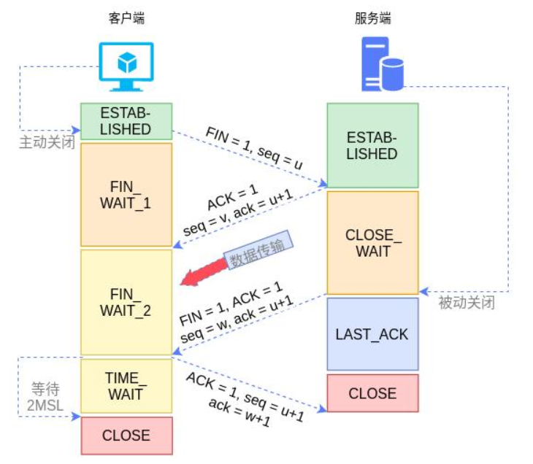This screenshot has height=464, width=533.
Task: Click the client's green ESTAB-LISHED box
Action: coord(126,121)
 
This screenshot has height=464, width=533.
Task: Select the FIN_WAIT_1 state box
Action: coord(126,194)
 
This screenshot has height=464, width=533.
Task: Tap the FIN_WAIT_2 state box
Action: coord(126,302)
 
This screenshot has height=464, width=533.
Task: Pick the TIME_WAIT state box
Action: coord(126,385)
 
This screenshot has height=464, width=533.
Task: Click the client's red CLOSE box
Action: coord(126,436)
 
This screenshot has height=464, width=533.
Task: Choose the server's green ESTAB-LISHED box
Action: coord(372,145)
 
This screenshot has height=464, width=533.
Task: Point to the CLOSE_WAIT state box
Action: coord(372,243)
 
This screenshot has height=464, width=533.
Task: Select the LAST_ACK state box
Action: coord(372,334)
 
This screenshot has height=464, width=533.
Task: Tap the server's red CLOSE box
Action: coord(372,393)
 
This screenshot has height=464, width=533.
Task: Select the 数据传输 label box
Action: coord(257,250)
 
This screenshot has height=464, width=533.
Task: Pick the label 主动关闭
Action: coord(47,142)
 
